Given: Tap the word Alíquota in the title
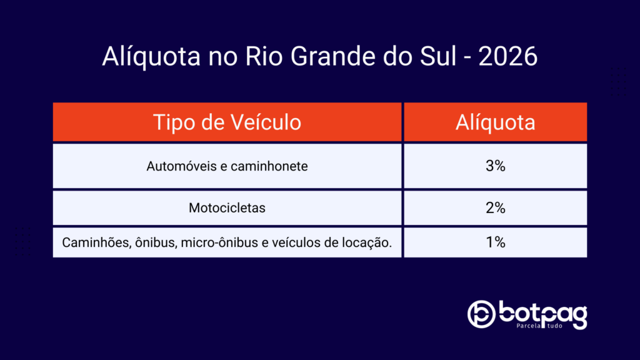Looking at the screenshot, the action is tap(151, 56).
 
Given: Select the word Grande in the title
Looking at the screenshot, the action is tap(332, 56).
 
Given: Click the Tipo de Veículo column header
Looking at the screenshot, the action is tap(227, 122).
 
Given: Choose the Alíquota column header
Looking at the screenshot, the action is tap(496, 122).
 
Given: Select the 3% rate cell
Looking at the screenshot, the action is tap(496, 166).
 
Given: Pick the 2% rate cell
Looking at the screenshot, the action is tap(496, 207).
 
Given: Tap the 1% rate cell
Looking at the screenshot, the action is tap(496, 242).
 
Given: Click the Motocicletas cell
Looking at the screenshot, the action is tap(227, 207).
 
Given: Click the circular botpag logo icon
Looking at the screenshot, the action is tap(481, 314).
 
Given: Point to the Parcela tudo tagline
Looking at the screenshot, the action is tap(539, 326).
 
